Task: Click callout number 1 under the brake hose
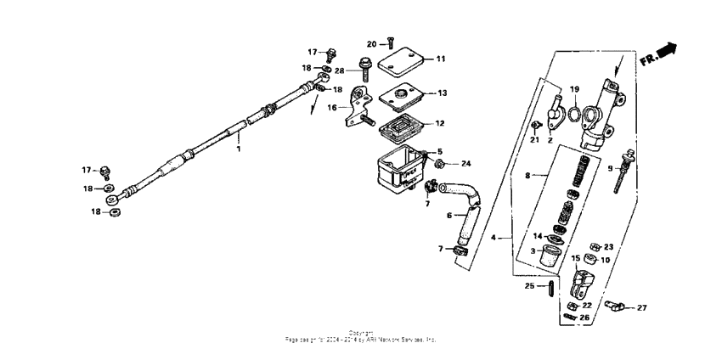coord(239,149)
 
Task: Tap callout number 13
coord(441,93)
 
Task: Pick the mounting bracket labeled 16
coord(359,110)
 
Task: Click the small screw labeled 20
coord(389,42)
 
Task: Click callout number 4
coord(504,239)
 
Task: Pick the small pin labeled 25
coord(550,286)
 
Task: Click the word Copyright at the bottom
coord(361,332)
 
